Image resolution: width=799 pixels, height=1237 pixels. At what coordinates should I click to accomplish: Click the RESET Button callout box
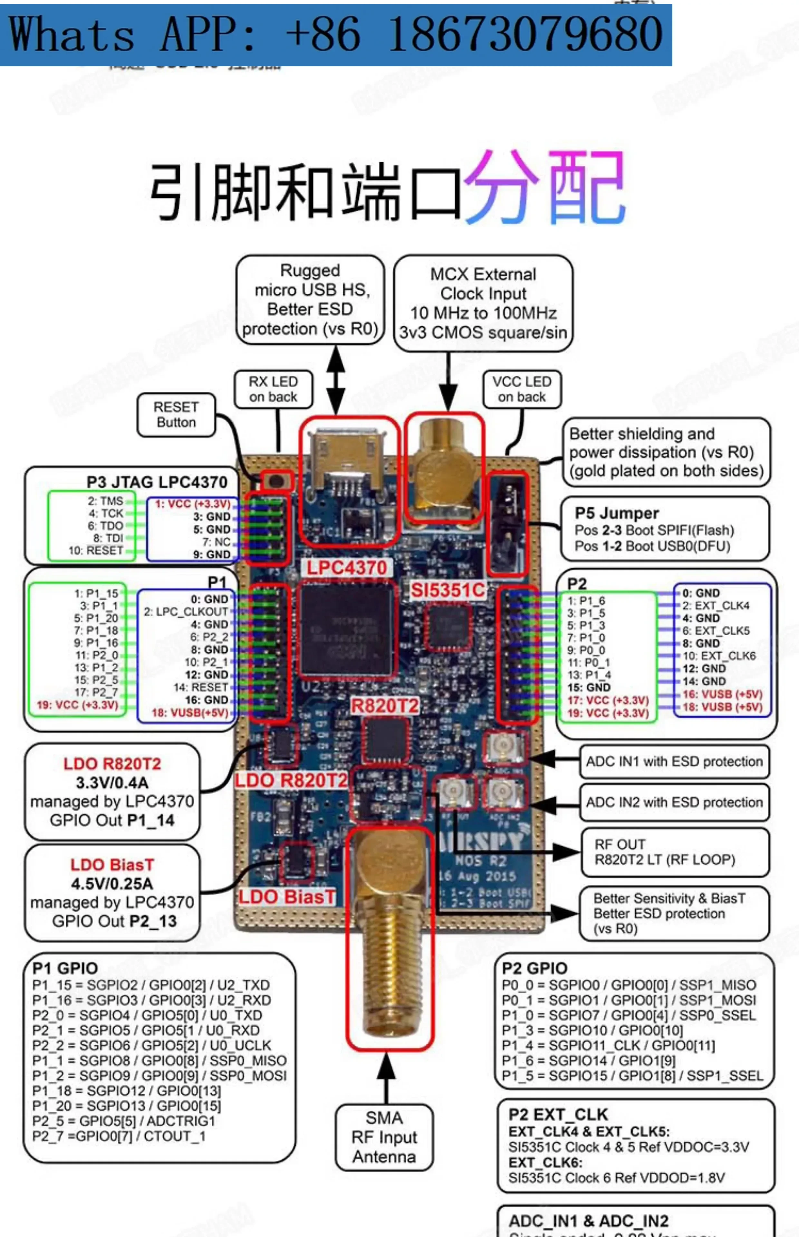[176, 414]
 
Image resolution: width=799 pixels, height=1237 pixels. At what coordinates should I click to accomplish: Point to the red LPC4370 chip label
[347, 567]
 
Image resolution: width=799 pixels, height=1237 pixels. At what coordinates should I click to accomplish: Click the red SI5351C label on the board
[448, 590]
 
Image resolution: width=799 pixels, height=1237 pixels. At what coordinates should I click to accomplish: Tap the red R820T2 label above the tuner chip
[384, 706]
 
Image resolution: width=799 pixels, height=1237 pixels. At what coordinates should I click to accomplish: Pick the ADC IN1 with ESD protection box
[674, 762]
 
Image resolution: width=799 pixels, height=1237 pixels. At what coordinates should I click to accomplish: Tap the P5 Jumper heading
[616, 513]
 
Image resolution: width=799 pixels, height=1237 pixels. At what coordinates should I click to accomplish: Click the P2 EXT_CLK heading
[558, 1115]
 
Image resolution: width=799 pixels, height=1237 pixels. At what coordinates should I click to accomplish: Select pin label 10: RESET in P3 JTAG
[96, 550]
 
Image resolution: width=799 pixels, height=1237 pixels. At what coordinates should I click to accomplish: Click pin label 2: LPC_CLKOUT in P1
[186, 612]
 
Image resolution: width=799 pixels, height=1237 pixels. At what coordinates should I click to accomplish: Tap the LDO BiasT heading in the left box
[112, 865]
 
